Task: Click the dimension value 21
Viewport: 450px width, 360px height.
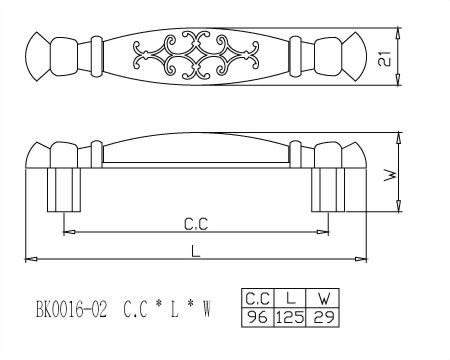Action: click(x=385, y=59)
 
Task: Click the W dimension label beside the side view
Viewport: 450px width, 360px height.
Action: click(x=390, y=176)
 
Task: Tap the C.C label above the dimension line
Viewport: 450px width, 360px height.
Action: click(x=196, y=224)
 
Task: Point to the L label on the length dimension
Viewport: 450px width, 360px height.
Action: click(x=196, y=251)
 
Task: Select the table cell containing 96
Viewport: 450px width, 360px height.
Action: click(x=258, y=317)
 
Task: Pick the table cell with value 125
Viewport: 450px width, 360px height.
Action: click(x=290, y=317)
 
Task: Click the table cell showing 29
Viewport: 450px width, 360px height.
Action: click(x=322, y=317)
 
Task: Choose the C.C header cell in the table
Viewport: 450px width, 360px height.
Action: click(x=258, y=298)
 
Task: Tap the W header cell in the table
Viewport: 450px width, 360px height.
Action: click(x=322, y=298)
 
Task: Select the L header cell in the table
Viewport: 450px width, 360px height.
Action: click(x=290, y=298)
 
